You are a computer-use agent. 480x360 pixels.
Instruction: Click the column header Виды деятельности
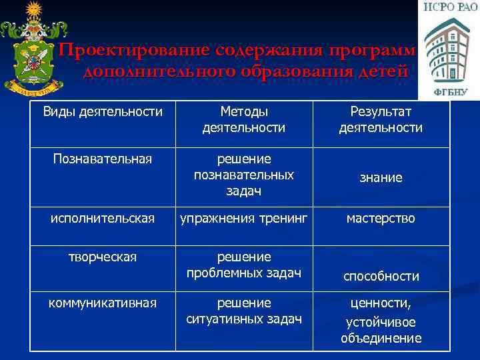[103, 111]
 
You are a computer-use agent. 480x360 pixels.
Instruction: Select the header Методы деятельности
[243, 119]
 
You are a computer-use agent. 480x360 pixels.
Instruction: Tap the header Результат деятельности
[381, 119]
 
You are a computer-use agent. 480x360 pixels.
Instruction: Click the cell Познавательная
[103, 159]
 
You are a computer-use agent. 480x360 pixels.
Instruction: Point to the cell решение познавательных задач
[243, 175]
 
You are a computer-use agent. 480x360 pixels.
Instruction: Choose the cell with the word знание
[381, 178]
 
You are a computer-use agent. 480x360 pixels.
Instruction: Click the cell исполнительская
[103, 218]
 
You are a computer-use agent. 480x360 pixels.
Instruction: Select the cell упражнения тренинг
[243, 218]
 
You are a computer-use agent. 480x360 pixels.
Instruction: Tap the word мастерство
[381, 218]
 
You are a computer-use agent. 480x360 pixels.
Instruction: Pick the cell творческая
[103, 257]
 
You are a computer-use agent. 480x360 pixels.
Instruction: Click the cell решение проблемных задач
[243, 265]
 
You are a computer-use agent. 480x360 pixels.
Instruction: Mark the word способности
[381, 276]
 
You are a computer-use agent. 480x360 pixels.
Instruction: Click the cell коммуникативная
[103, 303]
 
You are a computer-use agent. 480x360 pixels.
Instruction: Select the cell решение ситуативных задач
[243, 311]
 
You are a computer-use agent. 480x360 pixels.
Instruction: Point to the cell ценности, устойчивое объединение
[381, 321]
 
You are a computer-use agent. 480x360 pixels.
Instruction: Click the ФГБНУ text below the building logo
[448, 91]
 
